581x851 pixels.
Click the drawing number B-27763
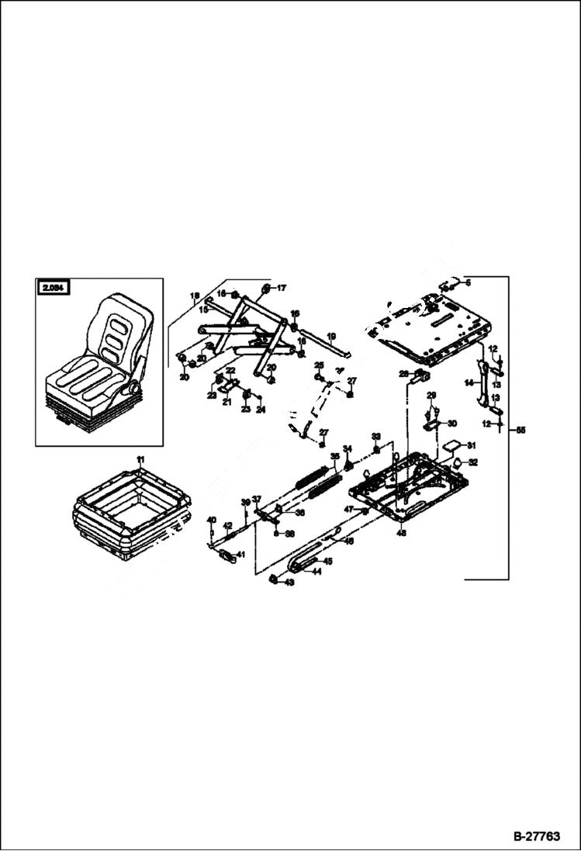coord(536,837)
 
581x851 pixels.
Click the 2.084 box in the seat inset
coord(53,289)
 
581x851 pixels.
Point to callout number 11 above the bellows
coord(141,461)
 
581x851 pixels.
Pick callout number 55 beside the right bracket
coord(520,428)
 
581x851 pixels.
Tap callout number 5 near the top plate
coord(469,284)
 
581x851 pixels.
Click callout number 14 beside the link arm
coord(469,382)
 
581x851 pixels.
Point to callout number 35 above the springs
coord(335,457)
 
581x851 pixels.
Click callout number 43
coord(289,582)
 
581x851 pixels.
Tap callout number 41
coord(241,555)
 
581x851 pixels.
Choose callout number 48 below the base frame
coord(401,534)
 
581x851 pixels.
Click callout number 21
coord(227,402)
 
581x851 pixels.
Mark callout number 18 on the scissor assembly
coord(195,296)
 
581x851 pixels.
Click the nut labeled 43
coord(274,580)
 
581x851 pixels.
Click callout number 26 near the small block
coord(403,374)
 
